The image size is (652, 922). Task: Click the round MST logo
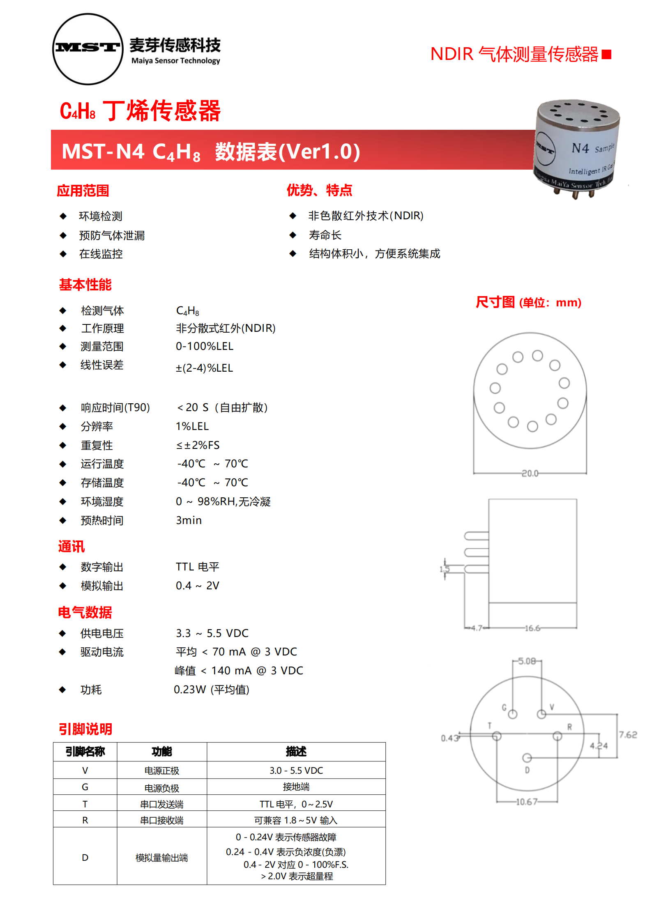click(88, 49)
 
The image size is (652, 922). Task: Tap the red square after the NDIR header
click(606, 54)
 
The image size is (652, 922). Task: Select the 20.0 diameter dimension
click(530, 474)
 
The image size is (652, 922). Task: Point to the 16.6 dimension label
click(532, 628)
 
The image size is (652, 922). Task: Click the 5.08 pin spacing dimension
click(527, 661)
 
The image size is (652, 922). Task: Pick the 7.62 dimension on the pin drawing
click(628, 735)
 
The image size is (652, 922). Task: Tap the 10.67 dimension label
click(526, 802)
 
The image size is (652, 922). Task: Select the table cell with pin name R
click(85, 820)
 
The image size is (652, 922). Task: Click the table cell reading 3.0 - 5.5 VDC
click(296, 770)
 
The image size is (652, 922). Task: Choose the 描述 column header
click(296, 752)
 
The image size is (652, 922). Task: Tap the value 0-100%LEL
click(205, 346)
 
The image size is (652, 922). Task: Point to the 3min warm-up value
click(189, 520)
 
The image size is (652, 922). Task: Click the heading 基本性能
click(85, 285)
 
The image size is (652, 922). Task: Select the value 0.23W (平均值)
click(212, 690)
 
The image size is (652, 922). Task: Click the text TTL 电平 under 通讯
click(198, 567)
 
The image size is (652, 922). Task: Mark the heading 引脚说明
click(85, 729)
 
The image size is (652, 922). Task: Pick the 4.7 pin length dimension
click(477, 628)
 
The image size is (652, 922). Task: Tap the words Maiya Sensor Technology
click(176, 61)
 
